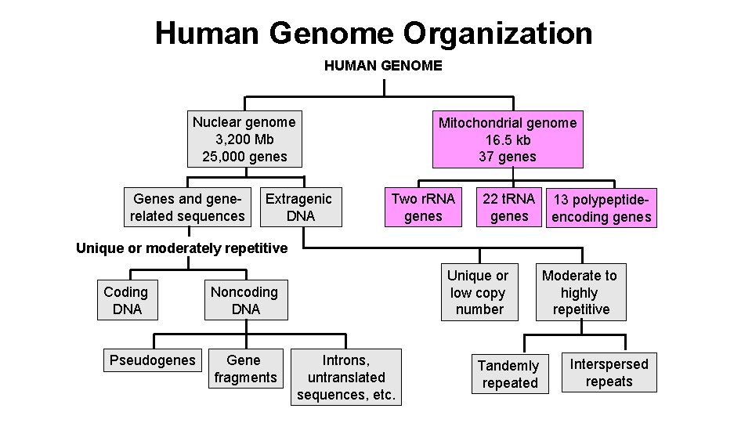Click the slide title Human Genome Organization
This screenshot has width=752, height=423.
click(x=374, y=33)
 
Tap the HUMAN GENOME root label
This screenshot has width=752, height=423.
click(x=383, y=66)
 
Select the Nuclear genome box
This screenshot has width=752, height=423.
click(x=244, y=139)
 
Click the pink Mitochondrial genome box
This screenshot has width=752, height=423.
click(x=508, y=139)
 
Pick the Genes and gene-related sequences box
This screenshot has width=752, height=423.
click(x=188, y=207)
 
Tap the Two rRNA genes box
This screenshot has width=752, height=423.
click(x=423, y=207)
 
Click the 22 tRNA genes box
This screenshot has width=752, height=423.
click(x=509, y=207)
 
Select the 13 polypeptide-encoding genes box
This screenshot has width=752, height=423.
click(x=602, y=208)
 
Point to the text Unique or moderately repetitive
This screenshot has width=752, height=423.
click(x=182, y=248)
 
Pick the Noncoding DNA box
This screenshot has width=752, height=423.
click(x=245, y=301)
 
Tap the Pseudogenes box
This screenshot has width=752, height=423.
click(x=153, y=360)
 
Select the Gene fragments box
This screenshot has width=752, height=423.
click(x=245, y=368)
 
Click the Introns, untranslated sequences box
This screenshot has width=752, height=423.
click(x=346, y=377)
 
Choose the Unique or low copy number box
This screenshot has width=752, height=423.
click(x=478, y=292)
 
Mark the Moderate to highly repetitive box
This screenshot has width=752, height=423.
click(x=580, y=292)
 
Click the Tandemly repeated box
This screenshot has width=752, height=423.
click(x=509, y=374)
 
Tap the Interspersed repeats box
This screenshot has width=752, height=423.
click(x=609, y=373)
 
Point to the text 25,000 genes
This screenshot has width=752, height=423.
click(x=244, y=157)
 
